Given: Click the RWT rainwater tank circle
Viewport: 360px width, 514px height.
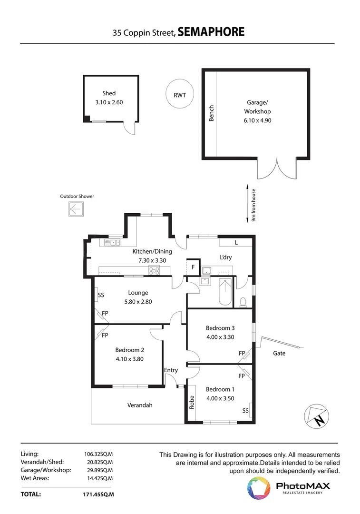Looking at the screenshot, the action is pos(179,81).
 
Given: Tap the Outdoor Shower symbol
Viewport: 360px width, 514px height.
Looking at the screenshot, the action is pos(76,209).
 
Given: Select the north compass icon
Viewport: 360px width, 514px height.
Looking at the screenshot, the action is pos(316,416).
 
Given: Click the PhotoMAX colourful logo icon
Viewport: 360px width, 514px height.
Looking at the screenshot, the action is pos(259,488).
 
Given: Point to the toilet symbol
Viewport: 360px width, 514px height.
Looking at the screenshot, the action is pos(243,302).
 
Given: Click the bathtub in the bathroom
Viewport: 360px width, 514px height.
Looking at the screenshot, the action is pos(225,292).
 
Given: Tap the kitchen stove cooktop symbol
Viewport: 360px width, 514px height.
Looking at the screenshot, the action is pos(154,270).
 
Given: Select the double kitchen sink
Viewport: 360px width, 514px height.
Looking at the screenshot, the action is pos(112,243).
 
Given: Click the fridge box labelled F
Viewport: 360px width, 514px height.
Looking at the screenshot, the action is pos(193,267).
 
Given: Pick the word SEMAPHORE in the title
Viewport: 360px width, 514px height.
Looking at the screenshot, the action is pos(211,32).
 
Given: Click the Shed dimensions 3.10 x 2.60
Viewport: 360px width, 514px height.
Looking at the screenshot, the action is pos(109,102).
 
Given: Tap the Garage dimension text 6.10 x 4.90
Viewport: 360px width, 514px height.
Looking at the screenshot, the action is pos(257,120).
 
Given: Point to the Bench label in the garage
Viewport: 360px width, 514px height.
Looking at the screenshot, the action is pos(211,113).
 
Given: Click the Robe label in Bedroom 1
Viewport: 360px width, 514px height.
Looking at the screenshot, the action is pos(192,402).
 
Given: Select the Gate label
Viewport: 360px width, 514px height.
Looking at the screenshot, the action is pos(279,353).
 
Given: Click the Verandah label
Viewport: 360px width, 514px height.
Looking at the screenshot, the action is pos(140,405).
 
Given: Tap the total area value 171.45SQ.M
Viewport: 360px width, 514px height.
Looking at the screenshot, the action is pos(98,494).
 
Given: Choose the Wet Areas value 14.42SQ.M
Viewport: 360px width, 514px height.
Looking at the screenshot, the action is pos(98,478).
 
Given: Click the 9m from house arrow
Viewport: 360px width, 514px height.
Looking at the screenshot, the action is pos(248,204).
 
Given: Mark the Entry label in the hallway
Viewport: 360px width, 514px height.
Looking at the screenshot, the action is pos(171,370).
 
